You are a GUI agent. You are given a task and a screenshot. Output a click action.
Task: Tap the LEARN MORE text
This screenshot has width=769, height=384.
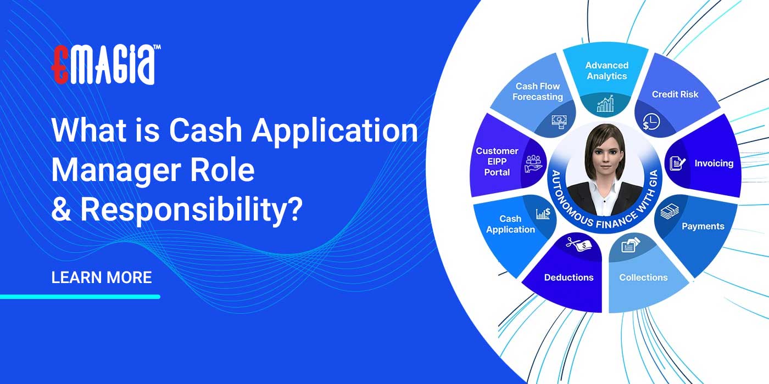102,277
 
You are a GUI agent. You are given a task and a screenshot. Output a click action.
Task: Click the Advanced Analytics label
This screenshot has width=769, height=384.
606,71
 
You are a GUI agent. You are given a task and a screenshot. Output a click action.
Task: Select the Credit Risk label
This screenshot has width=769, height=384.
675,94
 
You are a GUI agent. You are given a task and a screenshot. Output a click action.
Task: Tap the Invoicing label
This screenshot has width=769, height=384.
714,163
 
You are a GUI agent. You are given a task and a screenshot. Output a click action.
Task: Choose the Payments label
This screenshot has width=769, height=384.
703,226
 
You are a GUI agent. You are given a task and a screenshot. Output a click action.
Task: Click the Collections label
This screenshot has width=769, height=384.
643,277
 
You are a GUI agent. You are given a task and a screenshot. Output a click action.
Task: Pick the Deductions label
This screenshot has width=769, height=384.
569,277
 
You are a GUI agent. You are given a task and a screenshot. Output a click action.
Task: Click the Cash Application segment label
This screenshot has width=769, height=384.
510,224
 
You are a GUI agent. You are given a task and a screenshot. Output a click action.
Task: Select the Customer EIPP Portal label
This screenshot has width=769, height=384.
497,161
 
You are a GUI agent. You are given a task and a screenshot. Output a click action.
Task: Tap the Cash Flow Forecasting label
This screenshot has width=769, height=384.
538,92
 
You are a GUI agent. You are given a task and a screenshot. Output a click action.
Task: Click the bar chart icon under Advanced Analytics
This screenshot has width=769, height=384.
605,104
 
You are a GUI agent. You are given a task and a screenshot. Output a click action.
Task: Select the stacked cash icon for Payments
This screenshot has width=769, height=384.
669,212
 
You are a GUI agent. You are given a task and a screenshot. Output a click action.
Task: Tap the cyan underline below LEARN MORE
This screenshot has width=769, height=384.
80,297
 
